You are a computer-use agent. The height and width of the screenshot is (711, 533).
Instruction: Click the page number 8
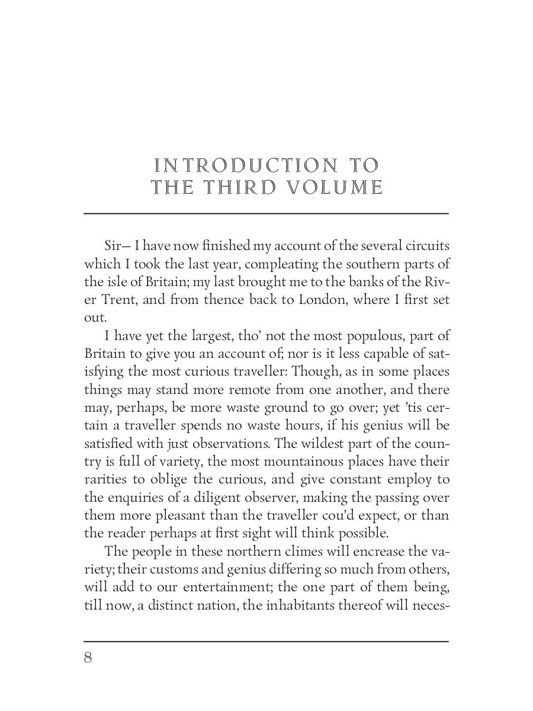point(88,658)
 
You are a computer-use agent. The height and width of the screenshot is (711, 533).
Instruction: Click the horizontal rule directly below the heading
point(266,213)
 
